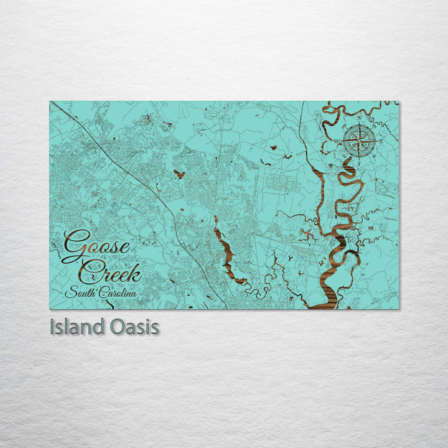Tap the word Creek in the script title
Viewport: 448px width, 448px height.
(113, 272)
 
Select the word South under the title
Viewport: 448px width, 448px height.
(83, 293)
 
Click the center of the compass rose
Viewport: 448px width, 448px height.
(356, 140)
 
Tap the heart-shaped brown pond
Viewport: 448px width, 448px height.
(179, 174)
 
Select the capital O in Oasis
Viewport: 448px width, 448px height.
(115, 327)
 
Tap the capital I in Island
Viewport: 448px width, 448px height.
(53, 327)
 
